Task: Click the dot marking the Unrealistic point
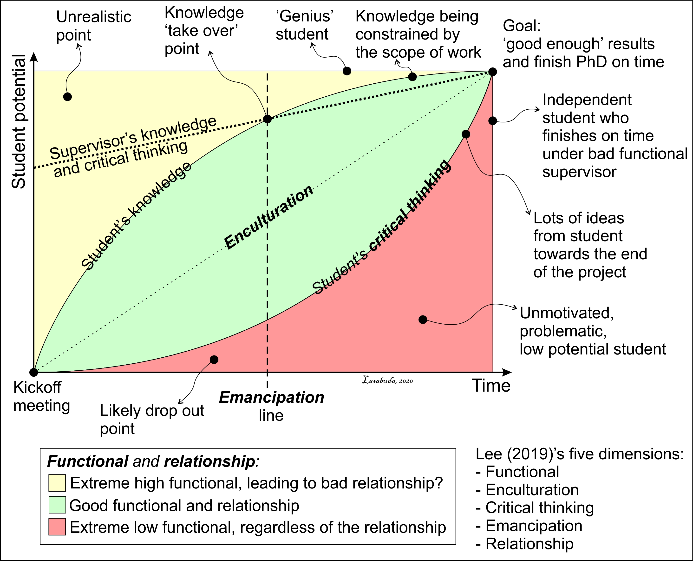[67, 97]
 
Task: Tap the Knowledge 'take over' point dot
[267, 119]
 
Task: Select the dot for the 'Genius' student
[347, 71]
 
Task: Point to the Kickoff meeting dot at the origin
[33, 372]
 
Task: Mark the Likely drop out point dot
[214, 360]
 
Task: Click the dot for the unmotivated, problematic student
[423, 320]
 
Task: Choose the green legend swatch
[57, 505]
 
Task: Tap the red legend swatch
[57, 527]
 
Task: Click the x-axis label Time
[491, 386]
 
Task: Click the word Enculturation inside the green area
[269, 217]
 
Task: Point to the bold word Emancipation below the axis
[272, 397]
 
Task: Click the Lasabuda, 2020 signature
[387, 380]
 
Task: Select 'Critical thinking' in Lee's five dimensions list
[539, 508]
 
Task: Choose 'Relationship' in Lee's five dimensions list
[529, 544]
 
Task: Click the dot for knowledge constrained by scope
[412, 77]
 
